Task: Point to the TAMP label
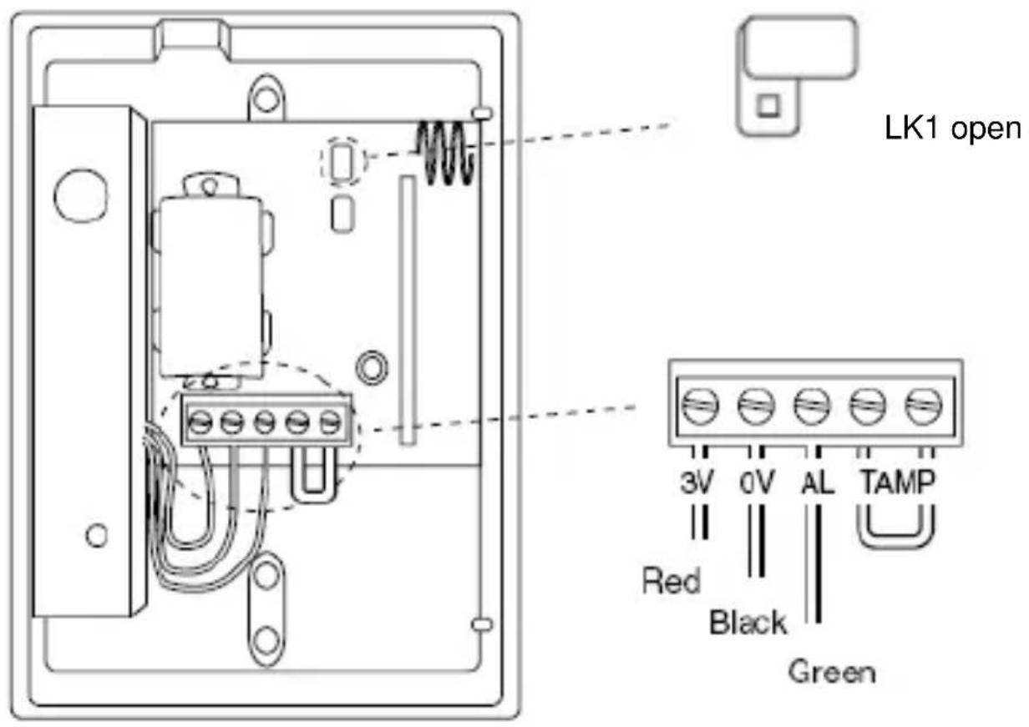(895, 485)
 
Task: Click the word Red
(671, 581)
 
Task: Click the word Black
(748, 623)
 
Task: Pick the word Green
(833, 671)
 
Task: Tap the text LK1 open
(952, 130)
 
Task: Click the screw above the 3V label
(699, 408)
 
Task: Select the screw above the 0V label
(754, 408)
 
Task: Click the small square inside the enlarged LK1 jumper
(768, 106)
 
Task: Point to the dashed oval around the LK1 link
(342, 161)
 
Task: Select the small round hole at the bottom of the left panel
(97, 534)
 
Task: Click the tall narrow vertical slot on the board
(407, 309)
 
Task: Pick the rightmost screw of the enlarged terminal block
(925, 408)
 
